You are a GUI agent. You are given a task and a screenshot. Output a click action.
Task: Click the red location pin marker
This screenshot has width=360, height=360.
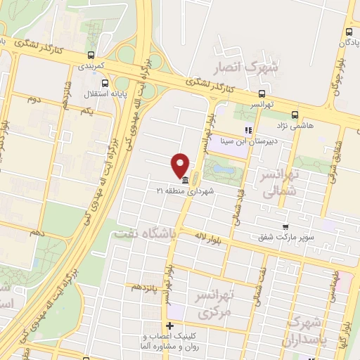coord(181,165)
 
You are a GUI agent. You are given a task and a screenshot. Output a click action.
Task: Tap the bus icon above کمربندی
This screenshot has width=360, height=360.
coord(90,55)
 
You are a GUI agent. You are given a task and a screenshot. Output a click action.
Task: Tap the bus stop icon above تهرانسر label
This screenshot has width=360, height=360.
coord(262,93)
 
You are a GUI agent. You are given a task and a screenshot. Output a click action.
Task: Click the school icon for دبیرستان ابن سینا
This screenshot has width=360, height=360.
coord(247,130)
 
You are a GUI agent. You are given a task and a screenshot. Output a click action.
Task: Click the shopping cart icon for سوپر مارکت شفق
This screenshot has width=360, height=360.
coord(285,226)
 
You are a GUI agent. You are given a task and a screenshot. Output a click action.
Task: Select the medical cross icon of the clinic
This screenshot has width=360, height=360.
coord(169,326)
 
